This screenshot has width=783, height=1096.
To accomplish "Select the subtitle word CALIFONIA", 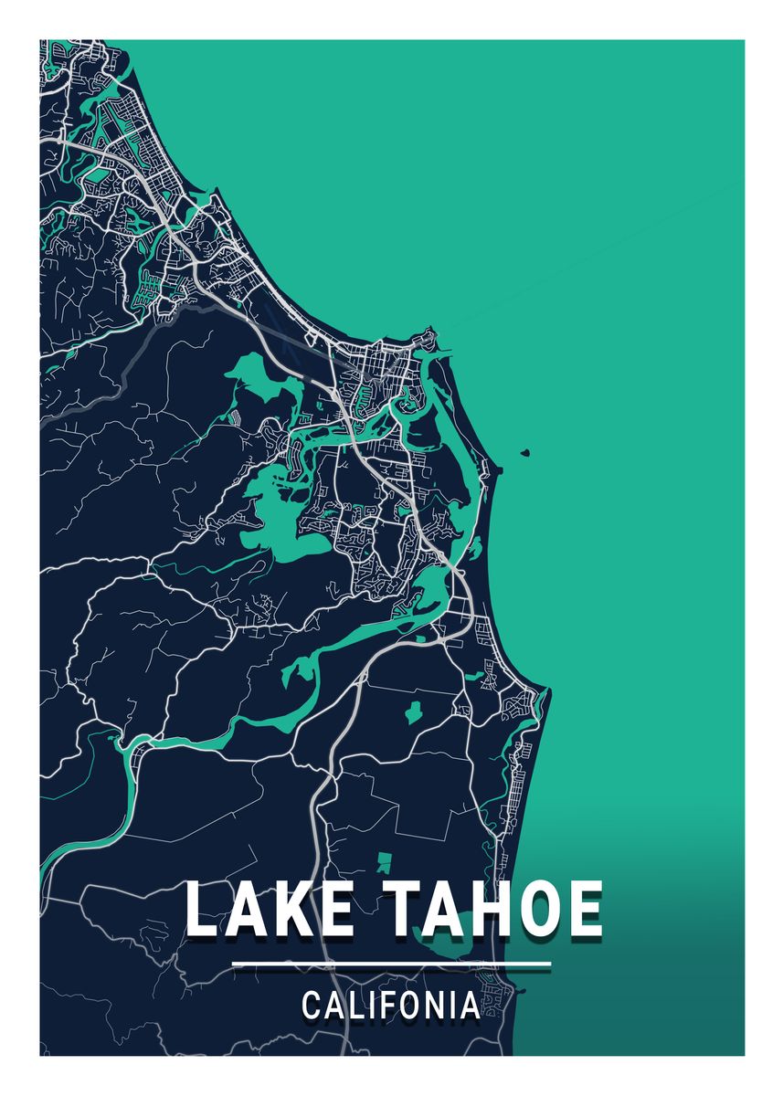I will click(390, 1006).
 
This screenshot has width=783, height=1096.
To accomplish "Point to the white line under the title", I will click(391, 964).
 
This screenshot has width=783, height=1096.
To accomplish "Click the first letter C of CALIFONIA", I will click(312, 1006).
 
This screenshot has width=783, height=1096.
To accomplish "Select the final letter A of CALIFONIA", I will click(469, 1006).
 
